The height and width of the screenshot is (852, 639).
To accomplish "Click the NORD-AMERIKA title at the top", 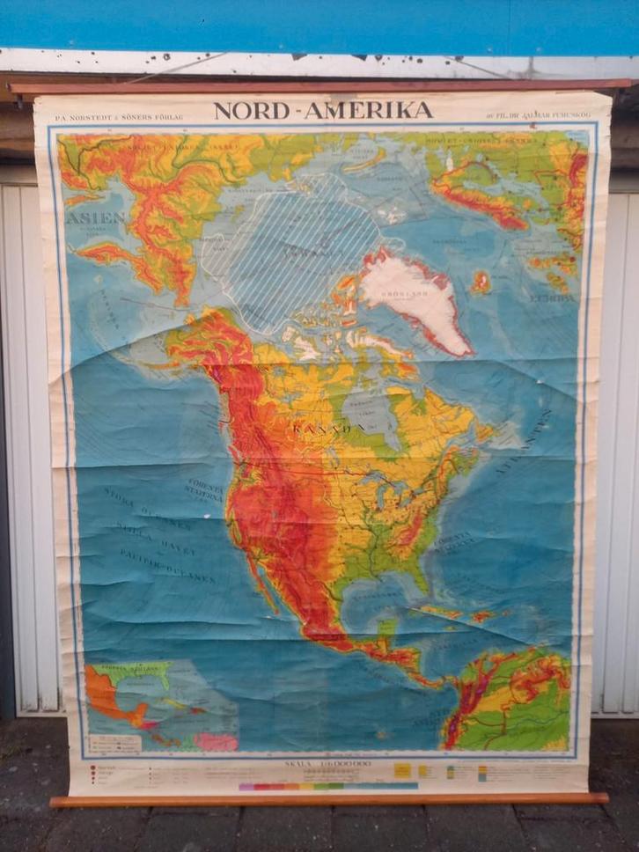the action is (x=323, y=111).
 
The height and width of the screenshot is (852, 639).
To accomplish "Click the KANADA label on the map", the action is (x=330, y=429).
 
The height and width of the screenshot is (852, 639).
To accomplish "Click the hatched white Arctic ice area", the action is (x=290, y=251).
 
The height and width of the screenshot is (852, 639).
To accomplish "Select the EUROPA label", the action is (x=552, y=297).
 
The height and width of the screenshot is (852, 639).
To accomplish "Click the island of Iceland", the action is (x=481, y=282).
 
